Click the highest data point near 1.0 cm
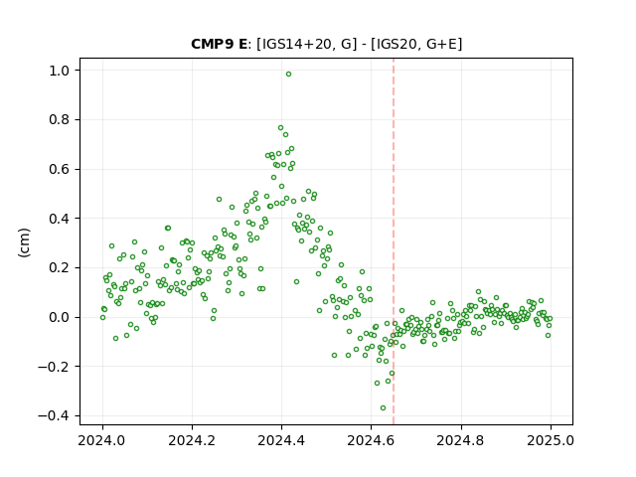[x=288, y=75]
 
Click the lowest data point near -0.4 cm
[x=383, y=408]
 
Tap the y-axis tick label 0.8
[x=59, y=120]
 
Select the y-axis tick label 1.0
[x=59, y=71]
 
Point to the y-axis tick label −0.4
[x=54, y=416]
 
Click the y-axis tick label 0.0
[x=59, y=318]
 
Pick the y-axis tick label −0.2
[x=54, y=367]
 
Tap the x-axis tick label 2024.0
[x=102, y=440]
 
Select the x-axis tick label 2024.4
[x=281, y=440]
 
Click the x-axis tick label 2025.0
[x=551, y=440]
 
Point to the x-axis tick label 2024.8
[x=461, y=440]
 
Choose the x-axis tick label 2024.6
[x=371, y=440]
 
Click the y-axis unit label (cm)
[x=24, y=242]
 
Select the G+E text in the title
[x=440, y=44]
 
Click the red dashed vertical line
[x=394, y=241]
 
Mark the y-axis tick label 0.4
[x=59, y=219]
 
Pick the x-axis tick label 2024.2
[x=192, y=440]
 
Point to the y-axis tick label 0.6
[x=59, y=170]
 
